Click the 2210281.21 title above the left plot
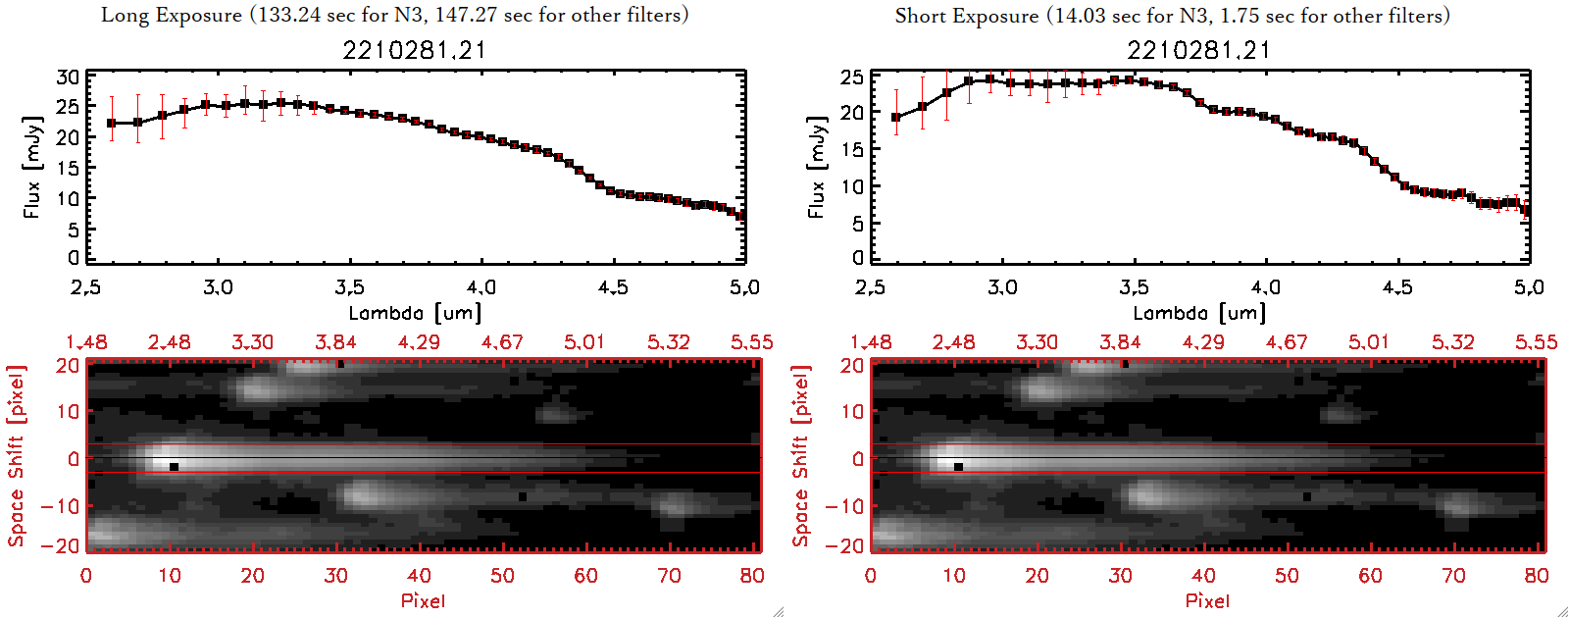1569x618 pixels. pyautogui.click(x=414, y=50)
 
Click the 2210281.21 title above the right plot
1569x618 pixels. pyautogui.click(x=1198, y=50)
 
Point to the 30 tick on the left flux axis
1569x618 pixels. pyautogui.click(x=68, y=77)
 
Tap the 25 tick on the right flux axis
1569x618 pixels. pyautogui.click(x=852, y=77)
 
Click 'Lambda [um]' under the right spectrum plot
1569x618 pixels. pyautogui.click(x=1199, y=313)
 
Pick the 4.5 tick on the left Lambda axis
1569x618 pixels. pyautogui.click(x=613, y=287)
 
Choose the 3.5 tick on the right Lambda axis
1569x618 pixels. pyautogui.click(x=1134, y=287)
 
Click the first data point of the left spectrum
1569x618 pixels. pyautogui.click(x=112, y=124)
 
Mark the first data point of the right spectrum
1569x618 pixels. pyautogui.click(x=896, y=118)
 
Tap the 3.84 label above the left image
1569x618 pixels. pyautogui.click(x=335, y=342)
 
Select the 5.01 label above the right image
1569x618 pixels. pyautogui.click(x=1369, y=342)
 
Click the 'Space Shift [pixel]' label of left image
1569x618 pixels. pyautogui.click(x=16, y=456)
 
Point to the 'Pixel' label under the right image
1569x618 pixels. pyautogui.click(x=1207, y=600)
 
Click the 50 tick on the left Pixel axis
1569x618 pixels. pyautogui.click(x=502, y=576)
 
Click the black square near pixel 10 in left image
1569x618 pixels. pyautogui.click(x=174, y=467)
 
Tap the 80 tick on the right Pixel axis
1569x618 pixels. pyautogui.click(x=1537, y=576)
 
